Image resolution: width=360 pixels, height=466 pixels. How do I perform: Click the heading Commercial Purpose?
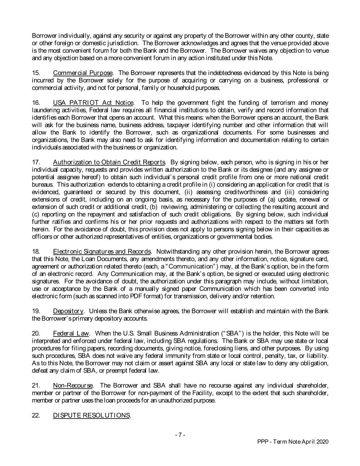(x=83, y=73)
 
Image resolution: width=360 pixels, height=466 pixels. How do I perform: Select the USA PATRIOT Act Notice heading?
(x=93, y=103)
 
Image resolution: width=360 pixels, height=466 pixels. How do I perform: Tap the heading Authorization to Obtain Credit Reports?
(x=109, y=162)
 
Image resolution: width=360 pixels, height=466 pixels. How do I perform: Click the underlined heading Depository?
(x=68, y=311)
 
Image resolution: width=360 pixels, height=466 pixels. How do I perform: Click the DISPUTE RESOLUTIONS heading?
(x=91, y=415)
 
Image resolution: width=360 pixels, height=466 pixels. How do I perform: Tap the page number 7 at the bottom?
(x=180, y=435)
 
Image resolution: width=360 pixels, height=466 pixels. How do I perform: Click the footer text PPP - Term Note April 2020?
(x=292, y=442)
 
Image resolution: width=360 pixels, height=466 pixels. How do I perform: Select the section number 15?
(x=35, y=73)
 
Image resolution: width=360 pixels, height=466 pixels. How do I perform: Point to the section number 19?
(x=35, y=311)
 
